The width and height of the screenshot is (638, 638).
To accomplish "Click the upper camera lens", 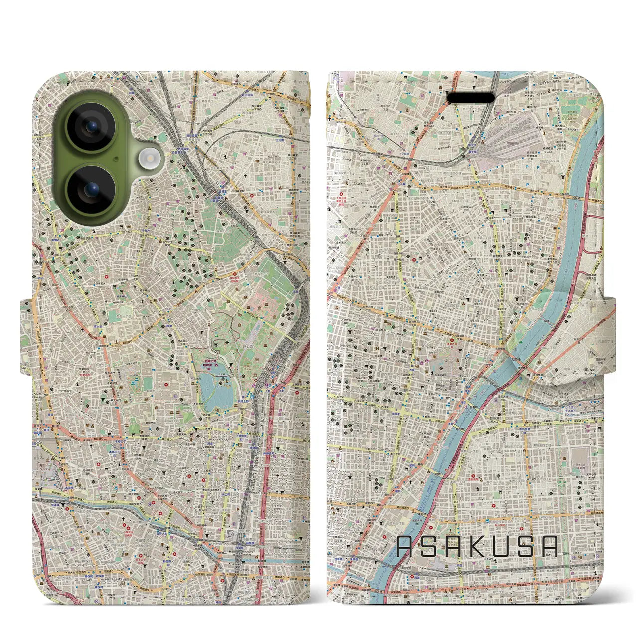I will pyautogui.click(x=91, y=127).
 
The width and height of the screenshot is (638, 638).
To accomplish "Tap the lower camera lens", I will pyautogui.click(x=91, y=190).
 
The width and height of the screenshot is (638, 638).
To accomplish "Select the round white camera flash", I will pyautogui.click(x=148, y=159).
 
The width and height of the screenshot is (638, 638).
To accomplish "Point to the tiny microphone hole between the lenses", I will pyautogui.click(x=116, y=159).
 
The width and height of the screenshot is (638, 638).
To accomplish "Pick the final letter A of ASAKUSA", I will pyautogui.click(x=548, y=547).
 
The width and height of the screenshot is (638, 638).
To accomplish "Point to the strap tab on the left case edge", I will pyautogui.click(x=26, y=336).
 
